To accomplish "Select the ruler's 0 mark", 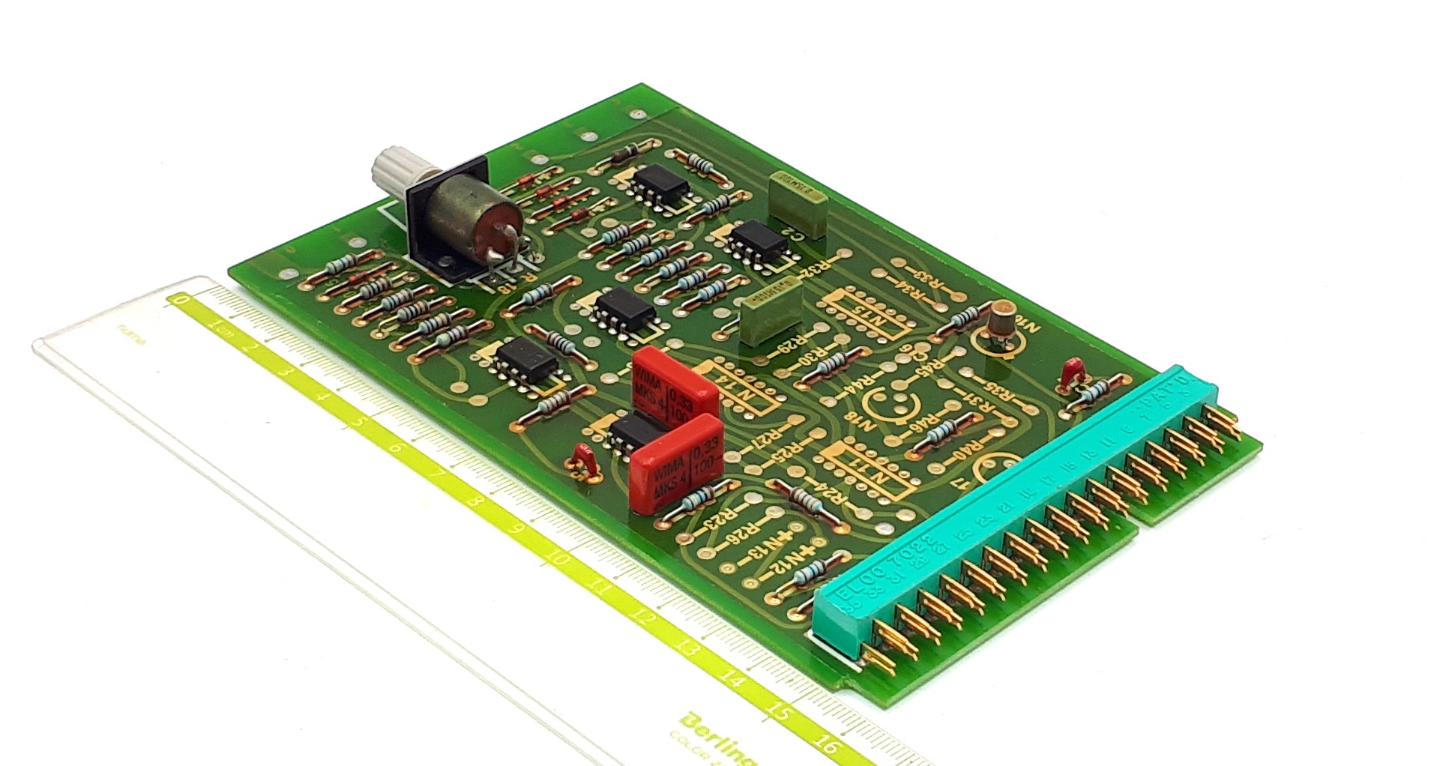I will tap(179, 301).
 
